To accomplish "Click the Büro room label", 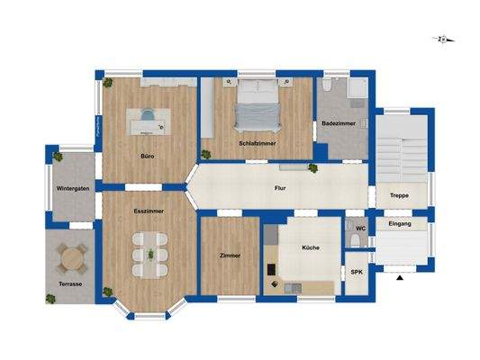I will coord(147,156).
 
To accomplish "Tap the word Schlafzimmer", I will coord(257,143).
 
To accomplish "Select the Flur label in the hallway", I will coord(280,188).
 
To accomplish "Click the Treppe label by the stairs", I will coord(398,195).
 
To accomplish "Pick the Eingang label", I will coord(399,223).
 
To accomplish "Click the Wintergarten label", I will coord(72,189).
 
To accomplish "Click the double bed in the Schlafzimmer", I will coord(258,105).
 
